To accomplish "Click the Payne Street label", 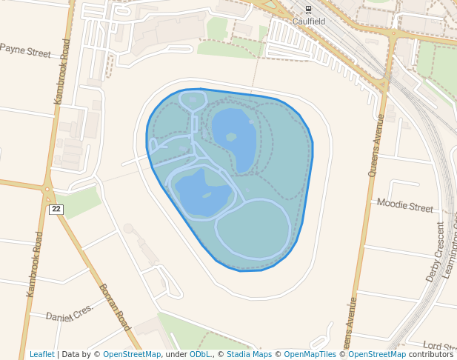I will point(26,51).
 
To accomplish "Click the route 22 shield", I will point(56,210).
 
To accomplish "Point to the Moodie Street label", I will point(404,204).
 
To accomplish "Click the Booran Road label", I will point(114,307).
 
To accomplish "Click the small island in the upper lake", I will point(231,137).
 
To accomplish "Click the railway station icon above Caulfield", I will point(309,10).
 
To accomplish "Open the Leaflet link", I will point(41,355).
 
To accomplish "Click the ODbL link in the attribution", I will point(200,355).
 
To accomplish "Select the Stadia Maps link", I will point(249,355).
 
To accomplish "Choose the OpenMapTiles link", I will point(310,355).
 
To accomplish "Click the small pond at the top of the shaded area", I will point(193,99).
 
